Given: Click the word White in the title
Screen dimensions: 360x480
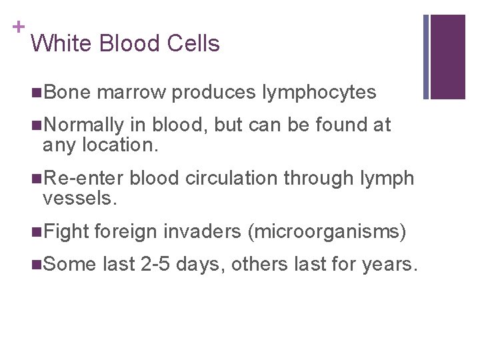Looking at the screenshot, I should click(x=61, y=44).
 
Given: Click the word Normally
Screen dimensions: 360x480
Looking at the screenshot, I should click(x=86, y=125).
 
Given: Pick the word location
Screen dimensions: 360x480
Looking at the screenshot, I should click(x=122, y=144).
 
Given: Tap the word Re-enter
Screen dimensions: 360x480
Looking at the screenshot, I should click(x=85, y=179).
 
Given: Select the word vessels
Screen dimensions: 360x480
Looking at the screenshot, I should click(x=79, y=198).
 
